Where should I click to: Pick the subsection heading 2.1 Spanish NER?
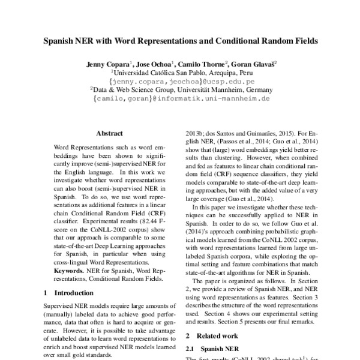click(214, 348)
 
